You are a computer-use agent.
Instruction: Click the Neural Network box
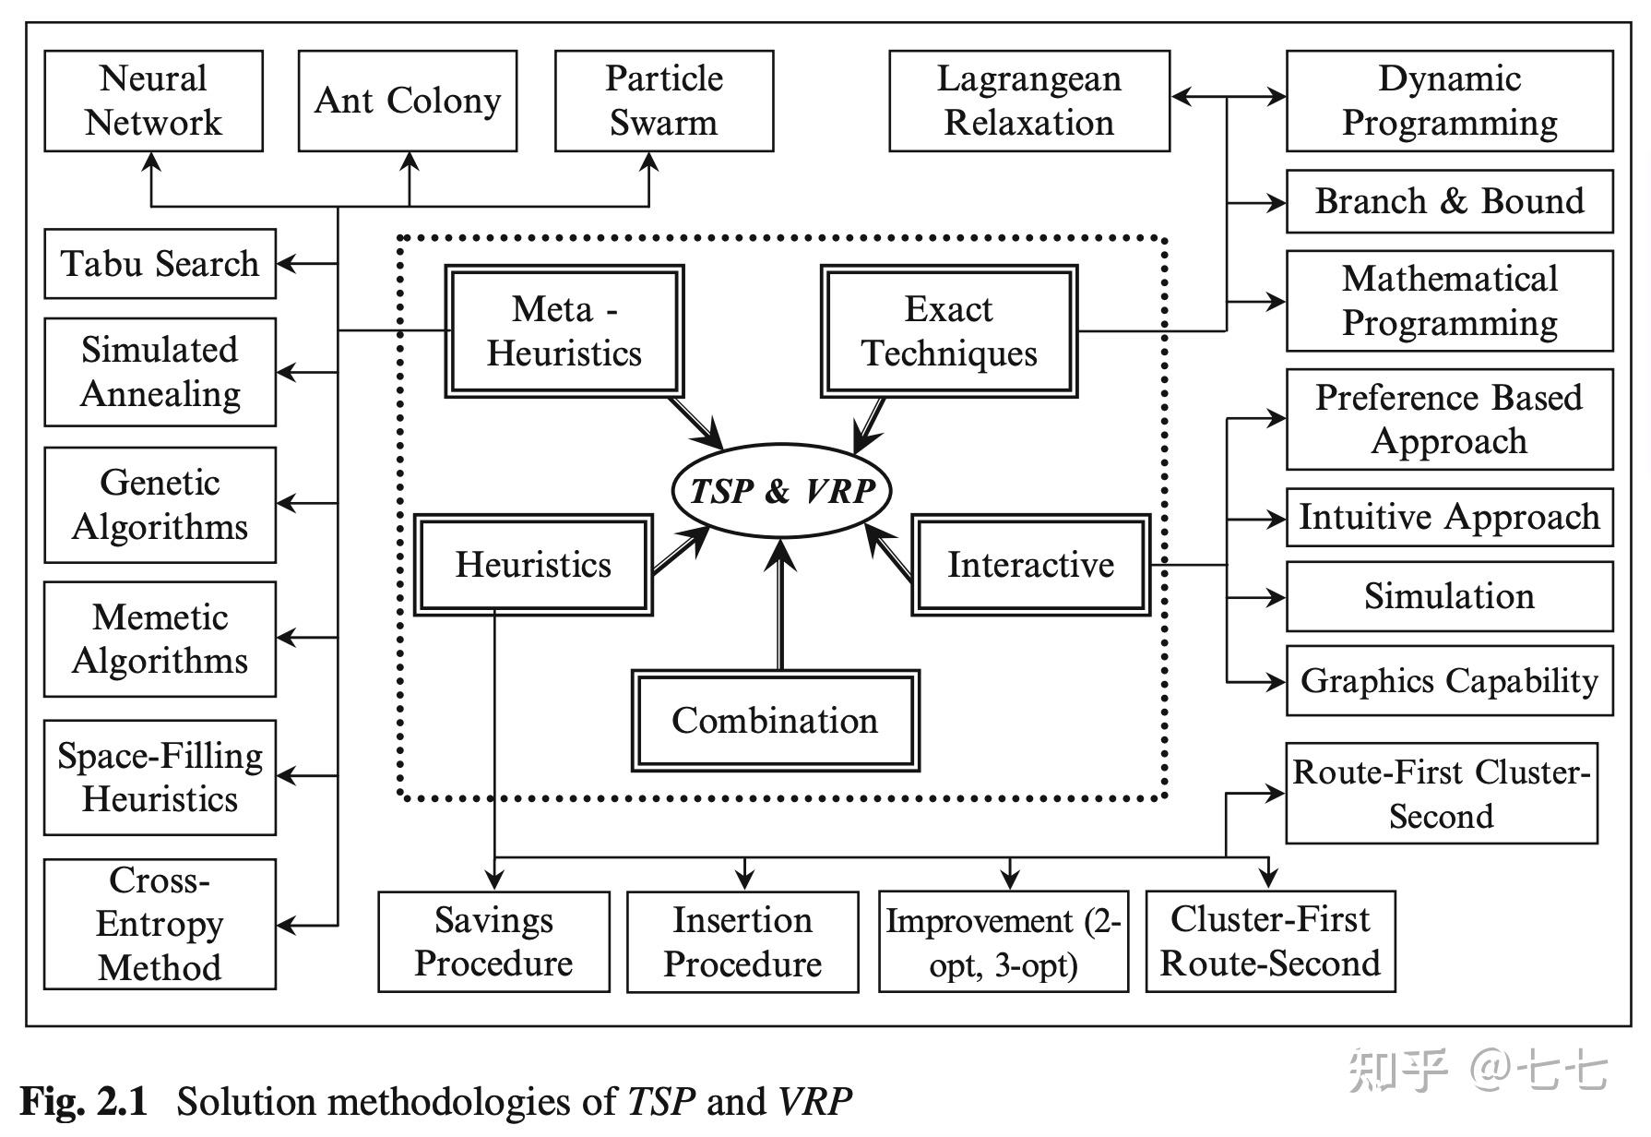point(153,101)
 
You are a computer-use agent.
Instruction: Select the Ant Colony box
point(407,101)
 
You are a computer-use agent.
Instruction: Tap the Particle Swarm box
point(663,101)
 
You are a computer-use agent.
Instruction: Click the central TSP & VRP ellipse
point(781,490)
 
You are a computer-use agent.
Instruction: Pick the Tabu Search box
point(160,264)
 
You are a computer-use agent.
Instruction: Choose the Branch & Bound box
point(1448,201)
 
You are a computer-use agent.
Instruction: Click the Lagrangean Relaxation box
point(1028,101)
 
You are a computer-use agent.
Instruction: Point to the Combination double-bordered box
point(775,721)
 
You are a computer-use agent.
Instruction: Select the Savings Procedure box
point(493,941)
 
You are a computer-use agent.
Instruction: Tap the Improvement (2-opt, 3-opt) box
point(1003,941)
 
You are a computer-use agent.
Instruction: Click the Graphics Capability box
point(1448,681)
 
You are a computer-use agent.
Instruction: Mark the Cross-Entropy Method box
point(160,924)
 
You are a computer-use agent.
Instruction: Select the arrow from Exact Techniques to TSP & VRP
point(869,425)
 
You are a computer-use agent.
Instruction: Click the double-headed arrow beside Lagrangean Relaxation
point(1227,96)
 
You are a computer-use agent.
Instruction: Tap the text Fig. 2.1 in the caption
point(84,1101)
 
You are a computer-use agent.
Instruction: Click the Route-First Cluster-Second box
point(1441,794)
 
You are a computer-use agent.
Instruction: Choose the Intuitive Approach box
point(1448,518)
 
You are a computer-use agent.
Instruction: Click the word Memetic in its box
point(160,616)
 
